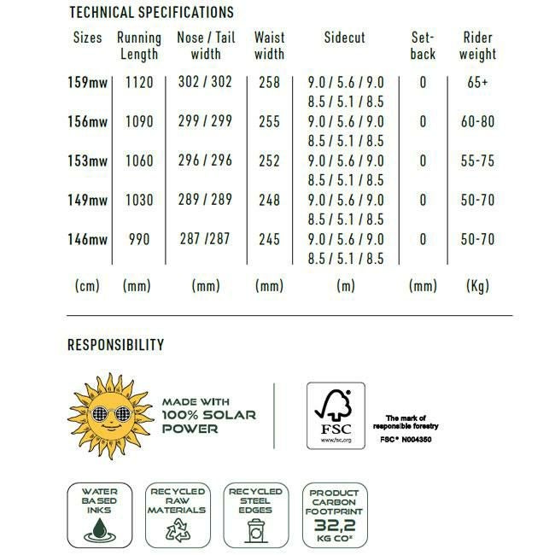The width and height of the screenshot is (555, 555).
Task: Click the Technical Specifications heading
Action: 150,13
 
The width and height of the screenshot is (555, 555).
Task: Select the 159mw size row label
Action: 87,83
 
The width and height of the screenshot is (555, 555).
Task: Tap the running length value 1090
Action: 139,121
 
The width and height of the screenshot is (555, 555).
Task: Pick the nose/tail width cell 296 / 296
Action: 205,161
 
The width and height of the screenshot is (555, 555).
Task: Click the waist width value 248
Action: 269,200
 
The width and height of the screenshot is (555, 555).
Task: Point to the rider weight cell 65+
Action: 477,83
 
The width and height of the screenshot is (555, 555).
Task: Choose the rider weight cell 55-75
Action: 477,161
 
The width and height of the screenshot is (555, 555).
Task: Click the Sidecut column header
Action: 344,38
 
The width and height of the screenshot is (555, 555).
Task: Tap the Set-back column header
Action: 423,46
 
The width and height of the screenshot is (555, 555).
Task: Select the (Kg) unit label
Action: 477,286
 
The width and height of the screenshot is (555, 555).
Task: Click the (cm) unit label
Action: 86,286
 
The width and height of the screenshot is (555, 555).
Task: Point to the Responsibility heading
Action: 115,345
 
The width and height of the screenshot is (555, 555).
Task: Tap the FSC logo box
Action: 336,416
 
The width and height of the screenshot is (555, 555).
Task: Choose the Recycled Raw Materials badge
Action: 177,515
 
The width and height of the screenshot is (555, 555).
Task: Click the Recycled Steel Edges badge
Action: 255,515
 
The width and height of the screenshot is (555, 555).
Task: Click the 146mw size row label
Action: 87,239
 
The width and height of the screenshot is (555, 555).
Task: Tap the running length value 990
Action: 139,239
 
